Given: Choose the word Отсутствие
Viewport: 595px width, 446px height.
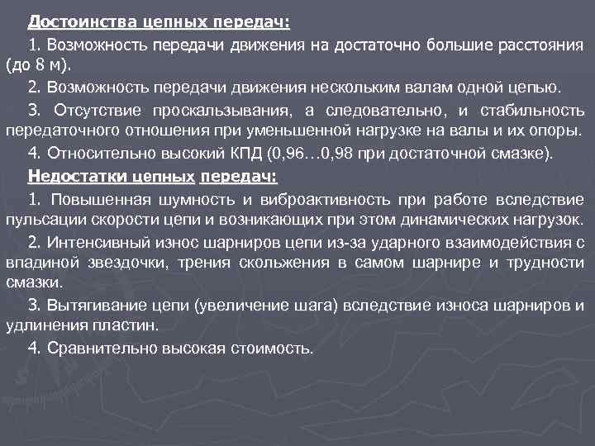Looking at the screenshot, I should [x=91, y=110].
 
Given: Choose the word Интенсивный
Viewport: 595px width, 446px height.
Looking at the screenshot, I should [x=95, y=242].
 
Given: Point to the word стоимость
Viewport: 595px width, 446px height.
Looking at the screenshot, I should [x=273, y=348].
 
